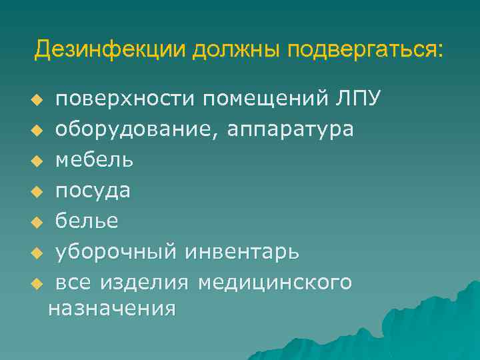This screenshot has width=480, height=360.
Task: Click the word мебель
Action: coord(94,160)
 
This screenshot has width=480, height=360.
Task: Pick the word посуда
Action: coord(93,191)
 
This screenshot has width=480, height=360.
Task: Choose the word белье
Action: coord(87,221)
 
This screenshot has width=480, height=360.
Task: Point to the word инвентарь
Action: coord(243,252)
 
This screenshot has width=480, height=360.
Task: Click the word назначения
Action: coord(112,308)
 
